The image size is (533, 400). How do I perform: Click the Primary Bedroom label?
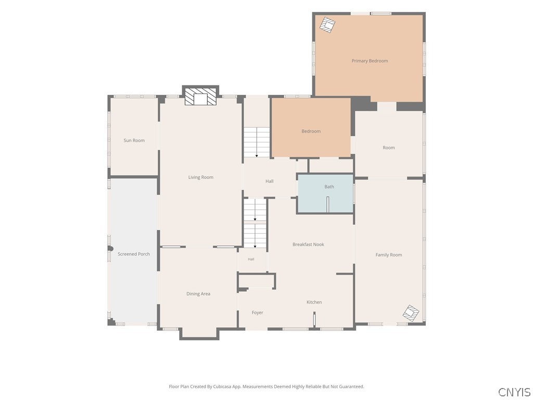(x=370, y=61)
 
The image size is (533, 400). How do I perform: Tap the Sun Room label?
(x=134, y=141)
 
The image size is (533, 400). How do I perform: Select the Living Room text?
(x=201, y=177)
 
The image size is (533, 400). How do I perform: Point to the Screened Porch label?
(x=134, y=254)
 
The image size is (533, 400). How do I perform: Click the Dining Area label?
(x=198, y=294)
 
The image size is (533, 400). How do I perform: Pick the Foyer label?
(x=257, y=312)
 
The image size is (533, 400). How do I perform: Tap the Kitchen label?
(x=314, y=302)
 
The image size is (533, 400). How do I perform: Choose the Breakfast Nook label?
(x=308, y=245)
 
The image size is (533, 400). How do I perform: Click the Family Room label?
(x=388, y=255)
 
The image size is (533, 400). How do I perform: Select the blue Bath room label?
(x=329, y=187)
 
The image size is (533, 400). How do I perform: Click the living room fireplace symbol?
(x=200, y=97)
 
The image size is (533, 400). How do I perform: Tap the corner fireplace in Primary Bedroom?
(x=328, y=25)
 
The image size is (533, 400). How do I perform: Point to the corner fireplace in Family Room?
(x=411, y=313)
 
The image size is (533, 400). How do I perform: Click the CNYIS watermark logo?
(x=514, y=392)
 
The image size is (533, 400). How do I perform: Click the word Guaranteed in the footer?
(x=352, y=386)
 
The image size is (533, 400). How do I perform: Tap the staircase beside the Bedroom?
(x=257, y=142)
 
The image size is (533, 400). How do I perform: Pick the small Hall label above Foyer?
(x=251, y=259)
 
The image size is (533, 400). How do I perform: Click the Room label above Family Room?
(x=388, y=147)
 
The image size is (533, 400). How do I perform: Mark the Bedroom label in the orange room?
(x=311, y=131)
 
